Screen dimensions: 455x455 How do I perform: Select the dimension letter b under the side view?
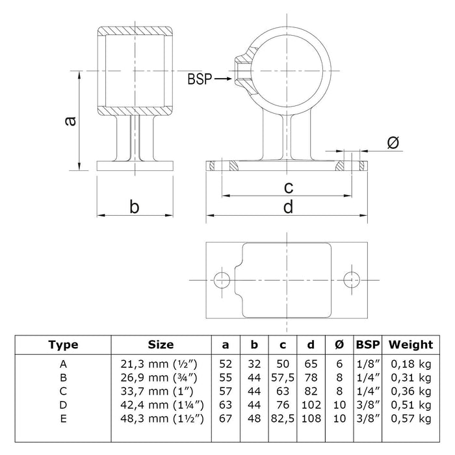click(134, 207)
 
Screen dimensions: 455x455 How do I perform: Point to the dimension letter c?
click(289, 188)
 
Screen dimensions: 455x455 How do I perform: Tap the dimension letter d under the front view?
click(289, 207)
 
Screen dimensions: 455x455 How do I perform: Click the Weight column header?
click(409, 344)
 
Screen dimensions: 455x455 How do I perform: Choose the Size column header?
click(161, 344)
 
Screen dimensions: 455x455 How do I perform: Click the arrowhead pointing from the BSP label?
click(227, 79)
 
